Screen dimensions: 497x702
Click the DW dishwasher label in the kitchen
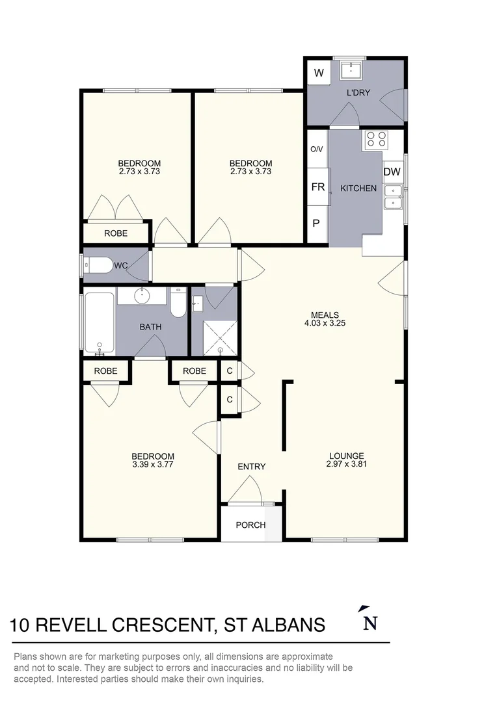[x=392, y=172]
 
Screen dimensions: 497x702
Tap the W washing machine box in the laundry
[x=319, y=73]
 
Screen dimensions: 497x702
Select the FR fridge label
[x=318, y=187]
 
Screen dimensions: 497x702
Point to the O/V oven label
[x=316, y=149]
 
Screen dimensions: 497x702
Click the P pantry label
[x=316, y=223]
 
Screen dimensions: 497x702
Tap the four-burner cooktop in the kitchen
[x=375, y=140]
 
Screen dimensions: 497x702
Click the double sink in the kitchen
[x=393, y=198]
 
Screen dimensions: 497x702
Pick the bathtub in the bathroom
[x=100, y=322]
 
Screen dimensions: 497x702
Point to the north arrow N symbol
[x=369, y=618]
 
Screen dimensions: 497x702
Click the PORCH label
[x=250, y=525]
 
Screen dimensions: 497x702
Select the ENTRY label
[x=251, y=467]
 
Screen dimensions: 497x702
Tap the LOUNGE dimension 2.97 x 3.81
[x=347, y=464]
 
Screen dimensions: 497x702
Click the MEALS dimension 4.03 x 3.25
[x=325, y=323]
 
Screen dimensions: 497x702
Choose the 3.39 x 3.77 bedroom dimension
[x=153, y=464]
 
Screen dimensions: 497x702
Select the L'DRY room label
[x=358, y=93]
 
